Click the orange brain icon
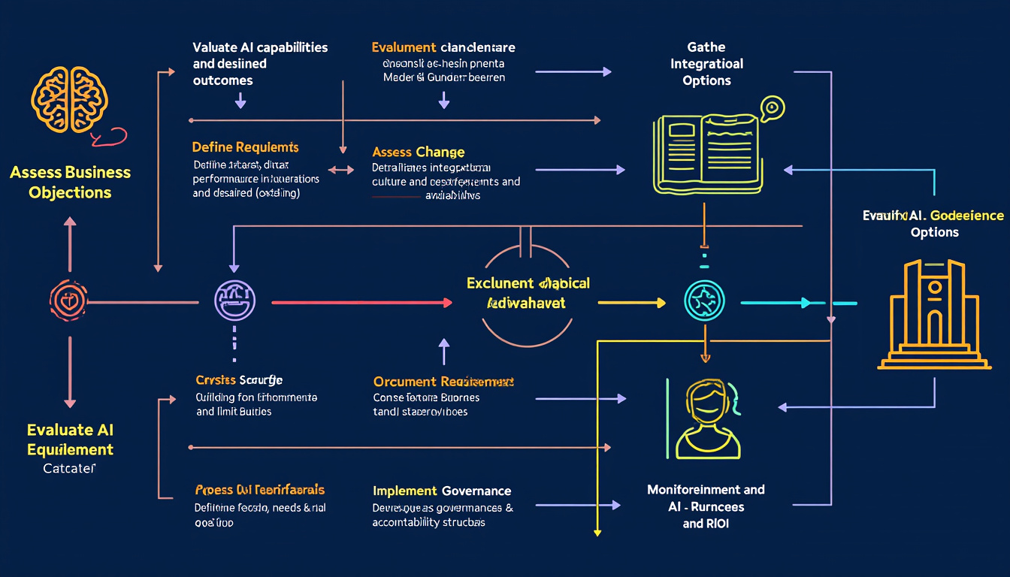(69, 98)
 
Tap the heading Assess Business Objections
(70, 183)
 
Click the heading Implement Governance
(442, 491)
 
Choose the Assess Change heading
(418, 153)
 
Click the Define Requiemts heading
(245, 147)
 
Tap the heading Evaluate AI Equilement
(70, 440)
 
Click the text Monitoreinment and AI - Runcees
(706, 497)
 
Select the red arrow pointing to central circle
(361, 302)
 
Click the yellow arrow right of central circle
(631, 303)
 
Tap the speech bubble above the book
(772, 108)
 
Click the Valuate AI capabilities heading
(260, 47)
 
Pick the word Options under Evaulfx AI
(934, 232)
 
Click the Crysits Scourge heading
(239, 380)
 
